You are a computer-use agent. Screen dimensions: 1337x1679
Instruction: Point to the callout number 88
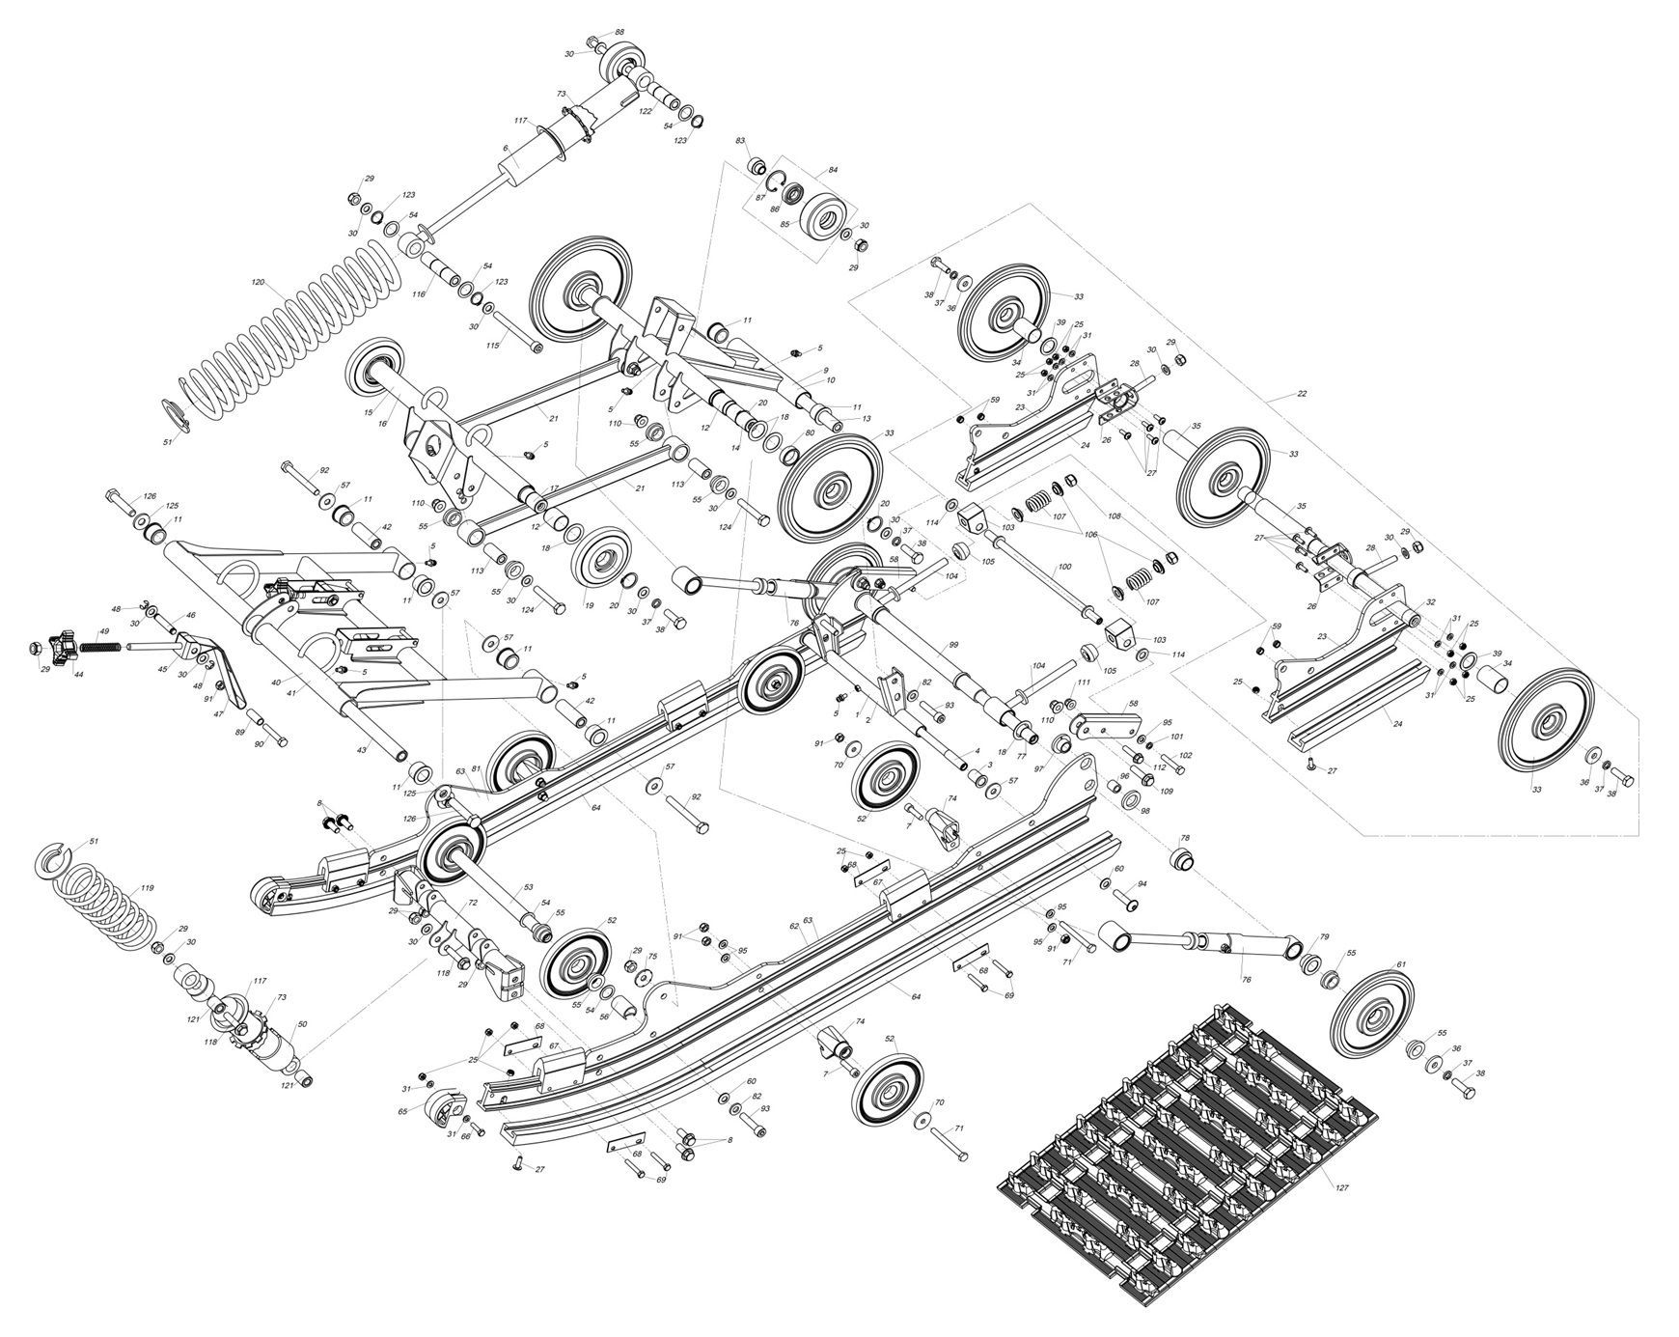pos(619,33)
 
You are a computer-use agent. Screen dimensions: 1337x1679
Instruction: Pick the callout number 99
pos(953,644)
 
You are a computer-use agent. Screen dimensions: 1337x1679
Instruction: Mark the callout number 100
pos(1064,567)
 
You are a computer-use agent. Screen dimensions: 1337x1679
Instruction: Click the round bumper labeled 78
pos(1182,859)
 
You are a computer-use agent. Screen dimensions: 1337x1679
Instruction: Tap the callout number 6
pos(505,148)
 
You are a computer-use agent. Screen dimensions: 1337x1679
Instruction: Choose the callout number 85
pos(784,225)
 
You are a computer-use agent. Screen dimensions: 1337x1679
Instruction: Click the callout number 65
pos(403,1111)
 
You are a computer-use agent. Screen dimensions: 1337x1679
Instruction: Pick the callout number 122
pos(646,111)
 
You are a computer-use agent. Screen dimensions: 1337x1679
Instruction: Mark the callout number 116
pos(419,293)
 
